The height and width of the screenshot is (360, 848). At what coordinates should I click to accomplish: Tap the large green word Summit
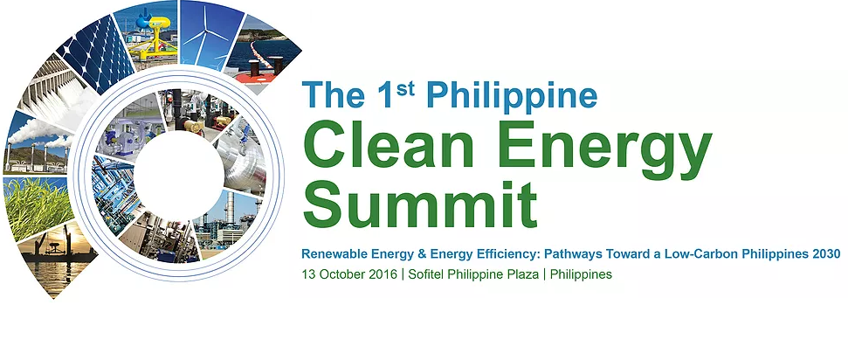pyautogui.click(x=420, y=205)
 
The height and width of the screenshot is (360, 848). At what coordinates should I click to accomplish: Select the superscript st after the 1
pyautogui.click(x=405, y=89)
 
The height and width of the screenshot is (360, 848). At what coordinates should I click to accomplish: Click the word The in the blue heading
pyautogui.click(x=333, y=94)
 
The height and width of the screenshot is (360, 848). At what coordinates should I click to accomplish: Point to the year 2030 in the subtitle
pyautogui.click(x=826, y=253)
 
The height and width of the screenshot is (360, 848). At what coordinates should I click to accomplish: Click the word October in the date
pyautogui.click(x=336, y=274)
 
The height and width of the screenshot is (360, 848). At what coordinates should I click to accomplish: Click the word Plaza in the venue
pyautogui.click(x=524, y=274)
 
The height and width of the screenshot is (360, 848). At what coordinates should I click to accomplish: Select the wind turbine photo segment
pyautogui.click(x=209, y=32)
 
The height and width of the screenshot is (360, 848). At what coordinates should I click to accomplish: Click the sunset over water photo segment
pyautogui.click(x=54, y=260)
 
